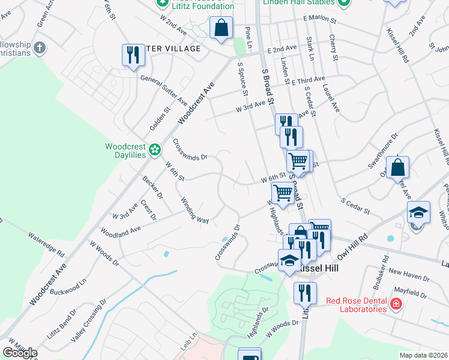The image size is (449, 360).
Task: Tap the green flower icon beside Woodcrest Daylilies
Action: tap(155, 149)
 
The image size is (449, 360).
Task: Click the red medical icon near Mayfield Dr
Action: tap(396, 305)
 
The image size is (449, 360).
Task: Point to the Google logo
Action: tap(20, 353)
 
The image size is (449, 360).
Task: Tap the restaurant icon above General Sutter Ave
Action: tap(131, 55)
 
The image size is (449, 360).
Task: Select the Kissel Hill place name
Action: tap(318, 269)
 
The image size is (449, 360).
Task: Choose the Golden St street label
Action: tap(160, 119)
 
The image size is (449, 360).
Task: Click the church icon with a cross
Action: tap(40, 47)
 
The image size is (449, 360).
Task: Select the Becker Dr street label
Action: tap(152, 188)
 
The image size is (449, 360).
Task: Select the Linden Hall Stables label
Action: tap(298, 2)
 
